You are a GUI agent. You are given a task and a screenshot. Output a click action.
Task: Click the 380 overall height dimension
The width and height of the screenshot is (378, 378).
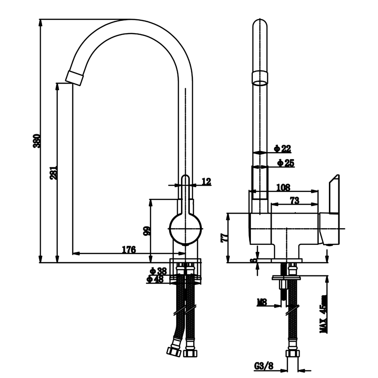tap(37, 141)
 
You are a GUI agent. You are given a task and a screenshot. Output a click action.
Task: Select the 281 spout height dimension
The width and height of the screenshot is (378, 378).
tap(53, 172)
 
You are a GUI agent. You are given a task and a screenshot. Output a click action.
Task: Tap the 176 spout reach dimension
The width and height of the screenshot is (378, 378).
tap(129, 249)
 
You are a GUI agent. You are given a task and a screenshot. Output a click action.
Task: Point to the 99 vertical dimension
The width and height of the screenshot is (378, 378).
tap(147, 231)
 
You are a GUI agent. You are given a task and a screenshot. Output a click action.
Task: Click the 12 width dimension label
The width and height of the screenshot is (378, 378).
tap(206, 181)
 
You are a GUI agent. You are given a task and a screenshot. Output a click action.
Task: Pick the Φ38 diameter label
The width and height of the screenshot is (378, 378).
tap(158, 271)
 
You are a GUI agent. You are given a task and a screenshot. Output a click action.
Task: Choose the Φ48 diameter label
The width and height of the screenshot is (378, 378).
tap(155, 279)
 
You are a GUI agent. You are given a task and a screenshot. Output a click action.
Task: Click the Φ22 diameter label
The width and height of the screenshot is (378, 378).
tap(283, 149)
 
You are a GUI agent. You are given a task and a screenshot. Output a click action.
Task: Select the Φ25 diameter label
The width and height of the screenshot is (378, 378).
tap(286, 163)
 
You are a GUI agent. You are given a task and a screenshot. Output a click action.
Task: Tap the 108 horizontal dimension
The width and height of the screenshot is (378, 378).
tap(283, 187)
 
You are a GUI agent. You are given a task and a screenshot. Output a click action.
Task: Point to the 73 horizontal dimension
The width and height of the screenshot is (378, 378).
tap(294, 200)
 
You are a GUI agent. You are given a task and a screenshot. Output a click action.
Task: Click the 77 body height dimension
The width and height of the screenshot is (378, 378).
tap(224, 238)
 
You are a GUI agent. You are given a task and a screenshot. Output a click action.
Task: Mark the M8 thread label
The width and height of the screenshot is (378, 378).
tap(262, 302)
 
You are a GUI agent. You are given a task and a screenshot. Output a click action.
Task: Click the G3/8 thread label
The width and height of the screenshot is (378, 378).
tap(264, 366)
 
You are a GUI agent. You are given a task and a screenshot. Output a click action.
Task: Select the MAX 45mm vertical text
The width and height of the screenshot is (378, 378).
tap(324, 314)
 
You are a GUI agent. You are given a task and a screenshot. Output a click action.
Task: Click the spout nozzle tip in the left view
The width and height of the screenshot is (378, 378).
tap(75, 77)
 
